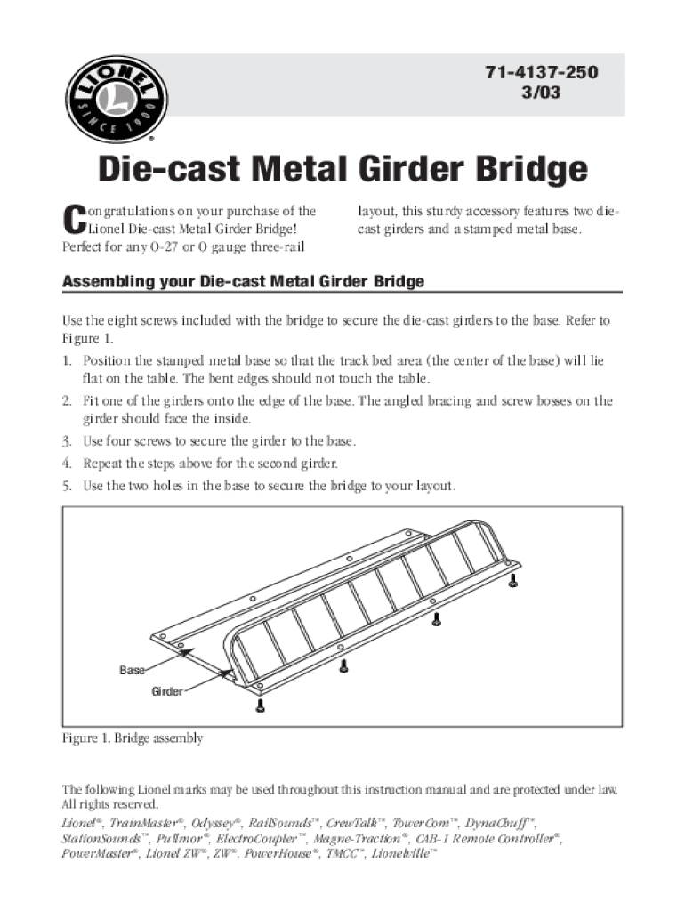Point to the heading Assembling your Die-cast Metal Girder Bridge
click(243, 282)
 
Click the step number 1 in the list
click(67, 361)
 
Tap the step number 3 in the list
click(67, 441)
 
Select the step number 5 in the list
click(67, 487)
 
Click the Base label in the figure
click(133, 670)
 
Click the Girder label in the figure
click(167, 691)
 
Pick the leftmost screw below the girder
click(261, 706)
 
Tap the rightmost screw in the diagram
click(514, 581)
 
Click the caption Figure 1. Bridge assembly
click(133, 738)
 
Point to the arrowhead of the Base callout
click(187, 652)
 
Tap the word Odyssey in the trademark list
click(214, 822)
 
